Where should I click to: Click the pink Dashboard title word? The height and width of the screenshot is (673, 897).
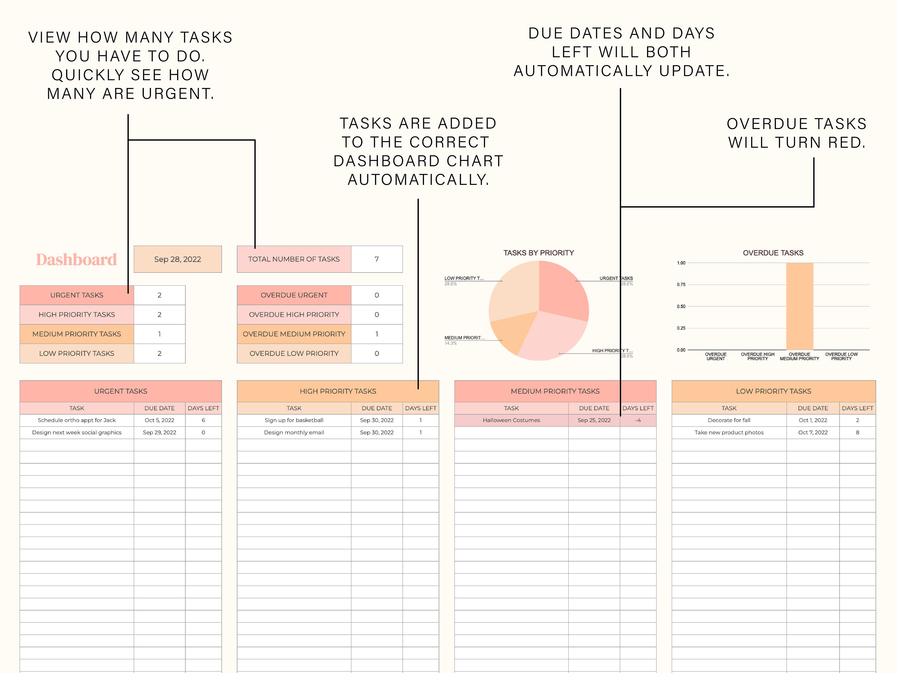click(x=76, y=260)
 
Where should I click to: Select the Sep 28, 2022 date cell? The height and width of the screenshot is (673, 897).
click(x=177, y=259)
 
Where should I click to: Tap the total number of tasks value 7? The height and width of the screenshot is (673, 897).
click(x=376, y=259)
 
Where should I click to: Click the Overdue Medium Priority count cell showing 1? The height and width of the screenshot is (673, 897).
click(x=376, y=334)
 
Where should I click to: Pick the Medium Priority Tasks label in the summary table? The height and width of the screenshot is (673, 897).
click(x=77, y=334)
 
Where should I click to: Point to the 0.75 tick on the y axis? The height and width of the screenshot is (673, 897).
click(x=681, y=285)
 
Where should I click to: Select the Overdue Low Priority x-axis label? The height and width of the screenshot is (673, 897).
click(x=841, y=356)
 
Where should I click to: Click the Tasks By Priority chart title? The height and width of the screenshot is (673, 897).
click(x=538, y=253)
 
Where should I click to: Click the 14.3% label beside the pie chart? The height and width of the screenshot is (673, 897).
click(x=451, y=343)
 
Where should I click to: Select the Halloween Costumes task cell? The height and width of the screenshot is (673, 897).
click(x=511, y=420)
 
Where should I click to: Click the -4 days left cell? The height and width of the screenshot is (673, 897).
click(x=638, y=420)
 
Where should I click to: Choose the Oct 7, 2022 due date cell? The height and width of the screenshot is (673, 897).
click(x=813, y=433)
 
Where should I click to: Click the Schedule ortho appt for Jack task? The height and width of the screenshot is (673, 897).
click(x=77, y=420)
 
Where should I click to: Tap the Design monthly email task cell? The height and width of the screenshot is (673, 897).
click(x=294, y=433)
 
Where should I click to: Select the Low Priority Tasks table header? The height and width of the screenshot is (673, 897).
click(x=773, y=391)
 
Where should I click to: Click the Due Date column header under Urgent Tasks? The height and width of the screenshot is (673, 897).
click(x=159, y=408)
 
